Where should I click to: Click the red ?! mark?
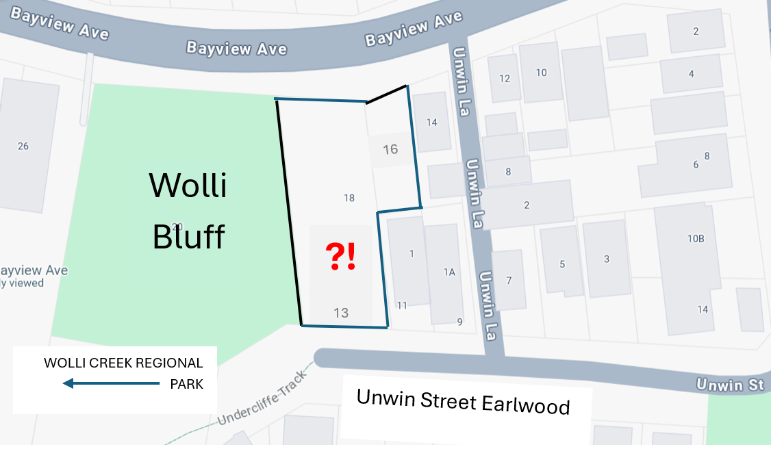tap(340, 257)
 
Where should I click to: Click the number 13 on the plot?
tap(341, 313)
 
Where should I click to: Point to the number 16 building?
tap(390, 149)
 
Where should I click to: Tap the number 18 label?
tap(349, 198)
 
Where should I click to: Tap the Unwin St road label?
tap(729, 385)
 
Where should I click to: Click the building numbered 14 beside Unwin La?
tap(431, 123)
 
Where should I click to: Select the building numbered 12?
tap(505, 79)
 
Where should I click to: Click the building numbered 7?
tap(509, 281)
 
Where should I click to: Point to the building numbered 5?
tap(562, 264)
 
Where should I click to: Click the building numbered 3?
tap(606, 259)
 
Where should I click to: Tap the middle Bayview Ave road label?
tap(236, 49)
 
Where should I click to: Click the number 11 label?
tap(402, 305)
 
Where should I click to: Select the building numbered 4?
tap(691, 73)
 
